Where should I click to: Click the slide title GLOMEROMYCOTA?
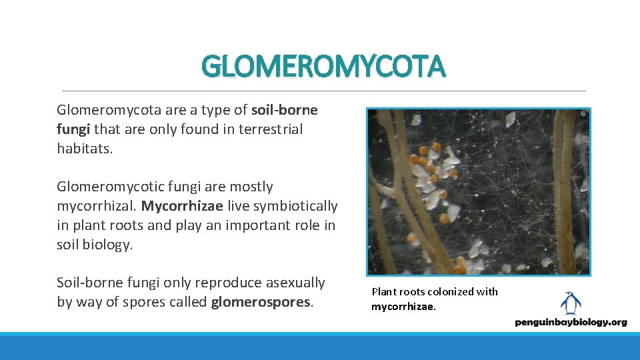coord(323,67)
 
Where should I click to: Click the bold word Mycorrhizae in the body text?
coord(182,206)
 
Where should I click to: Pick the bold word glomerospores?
coord(261,302)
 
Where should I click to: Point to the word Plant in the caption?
coord(384,292)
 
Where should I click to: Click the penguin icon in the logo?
coord(570,303)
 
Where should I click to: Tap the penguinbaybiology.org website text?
coord(571,323)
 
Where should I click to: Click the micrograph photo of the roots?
coord(478,192)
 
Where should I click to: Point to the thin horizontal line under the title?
coord(323,91)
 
